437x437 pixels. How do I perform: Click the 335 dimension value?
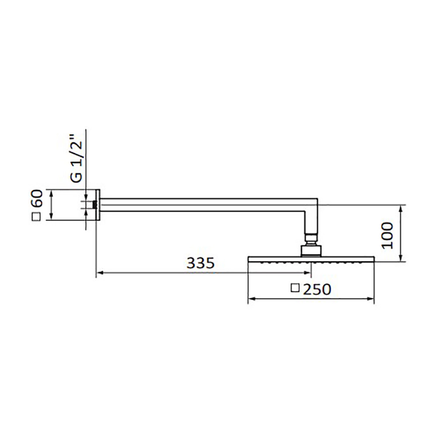[x=201, y=263]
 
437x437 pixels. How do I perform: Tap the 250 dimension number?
[x=317, y=289]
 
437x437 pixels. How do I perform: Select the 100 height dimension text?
[x=388, y=236]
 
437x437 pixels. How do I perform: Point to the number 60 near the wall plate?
[x=37, y=198]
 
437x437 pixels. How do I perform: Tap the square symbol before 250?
[x=295, y=288]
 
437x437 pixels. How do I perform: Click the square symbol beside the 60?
[x=37, y=217]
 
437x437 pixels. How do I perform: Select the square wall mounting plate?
[x=98, y=205]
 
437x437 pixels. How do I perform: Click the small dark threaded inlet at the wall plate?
[x=95, y=205]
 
